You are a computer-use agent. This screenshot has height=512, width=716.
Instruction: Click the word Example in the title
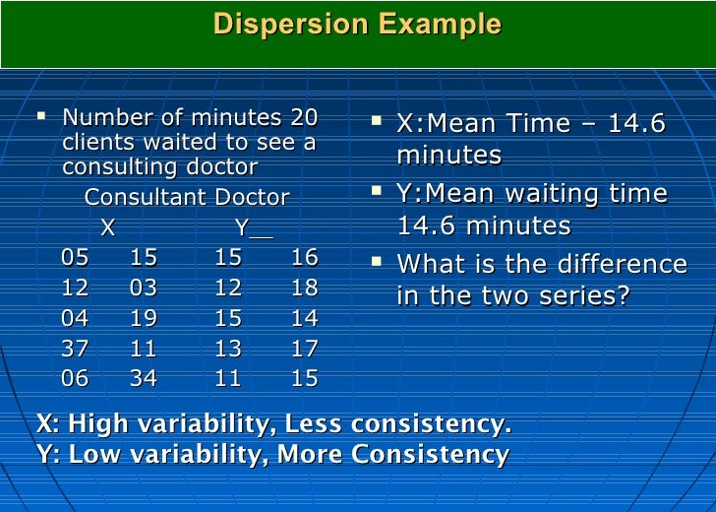point(442,25)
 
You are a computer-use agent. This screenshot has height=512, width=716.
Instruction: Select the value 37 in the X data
point(75,348)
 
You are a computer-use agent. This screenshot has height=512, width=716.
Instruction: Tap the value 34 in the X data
point(144,378)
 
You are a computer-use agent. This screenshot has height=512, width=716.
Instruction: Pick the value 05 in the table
point(75,258)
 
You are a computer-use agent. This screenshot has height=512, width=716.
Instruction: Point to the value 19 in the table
point(144,318)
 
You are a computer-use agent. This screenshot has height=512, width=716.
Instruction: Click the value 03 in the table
point(144,288)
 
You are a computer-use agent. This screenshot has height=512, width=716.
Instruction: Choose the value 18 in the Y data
point(305,288)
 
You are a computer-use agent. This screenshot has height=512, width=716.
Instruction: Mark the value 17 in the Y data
point(305,348)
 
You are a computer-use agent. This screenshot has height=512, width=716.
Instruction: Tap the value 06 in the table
point(75,378)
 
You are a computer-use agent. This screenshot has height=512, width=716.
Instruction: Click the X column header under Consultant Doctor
point(108,228)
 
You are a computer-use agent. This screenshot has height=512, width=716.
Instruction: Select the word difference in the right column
point(625,265)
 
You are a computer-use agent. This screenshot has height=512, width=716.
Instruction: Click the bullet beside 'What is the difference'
point(378,262)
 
